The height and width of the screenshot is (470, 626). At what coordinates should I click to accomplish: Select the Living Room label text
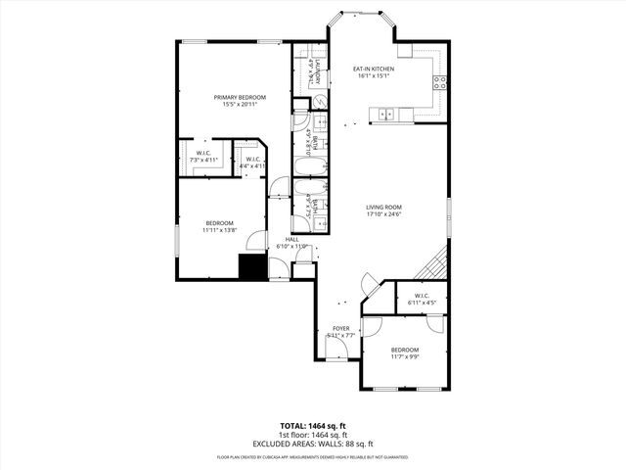(384, 207)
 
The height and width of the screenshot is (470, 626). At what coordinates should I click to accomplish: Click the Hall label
(291, 239)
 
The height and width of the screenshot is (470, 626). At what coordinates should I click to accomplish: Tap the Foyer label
(340, 329)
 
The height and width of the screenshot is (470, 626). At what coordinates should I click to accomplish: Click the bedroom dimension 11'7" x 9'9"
(404, 357)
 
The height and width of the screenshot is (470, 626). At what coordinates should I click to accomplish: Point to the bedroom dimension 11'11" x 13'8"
(220, 230)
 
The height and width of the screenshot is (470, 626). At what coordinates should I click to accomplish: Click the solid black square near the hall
(252, 266)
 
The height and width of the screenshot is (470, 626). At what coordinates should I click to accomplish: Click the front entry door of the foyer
(337, 358)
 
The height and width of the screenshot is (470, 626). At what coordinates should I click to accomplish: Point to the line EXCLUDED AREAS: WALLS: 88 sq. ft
(312, 443)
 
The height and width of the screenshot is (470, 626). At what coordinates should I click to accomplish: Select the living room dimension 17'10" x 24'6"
(384, 214)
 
